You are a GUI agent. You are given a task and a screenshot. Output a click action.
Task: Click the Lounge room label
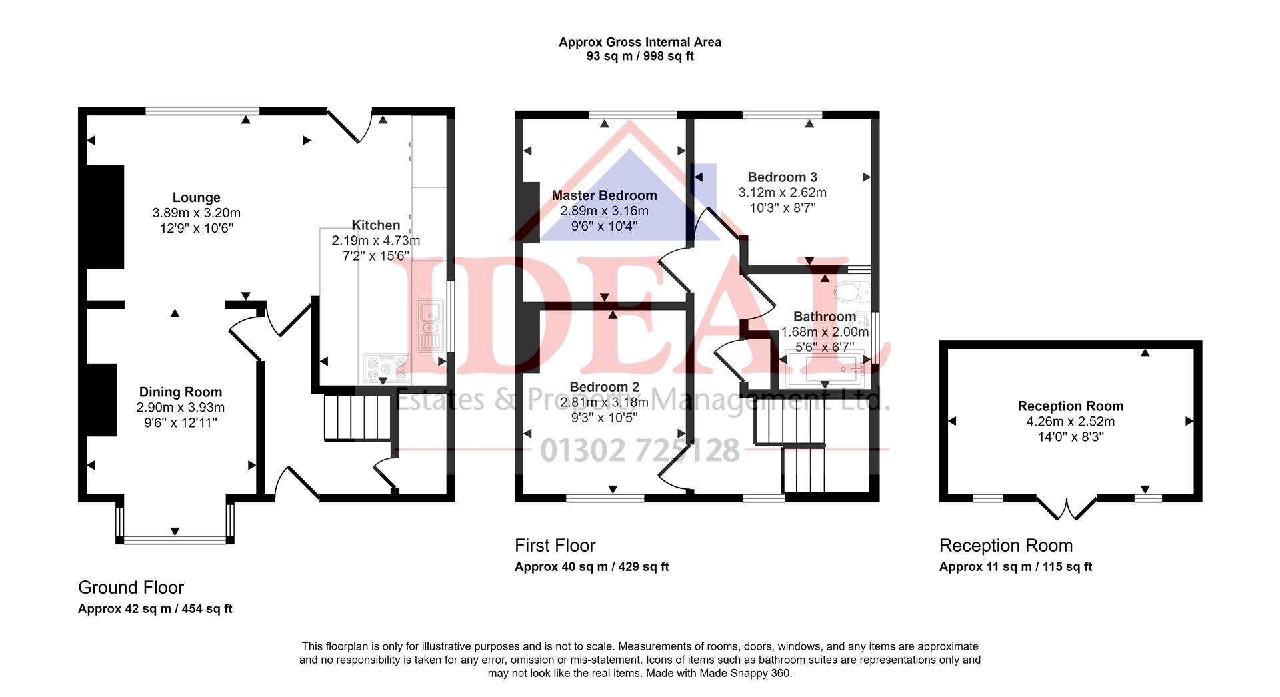[x=196, y=198]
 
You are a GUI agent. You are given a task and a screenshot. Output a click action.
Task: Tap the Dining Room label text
[x=180, y=392]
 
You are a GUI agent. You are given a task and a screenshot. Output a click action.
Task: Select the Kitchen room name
[x=375, y=225]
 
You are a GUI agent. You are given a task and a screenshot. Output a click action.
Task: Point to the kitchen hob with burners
[x=386, y=368]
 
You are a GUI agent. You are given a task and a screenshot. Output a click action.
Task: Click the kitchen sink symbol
[x=429, y=325]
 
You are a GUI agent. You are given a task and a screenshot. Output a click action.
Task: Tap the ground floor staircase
[x=356, y=418]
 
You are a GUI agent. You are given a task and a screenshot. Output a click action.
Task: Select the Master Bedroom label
[x=604, y=195]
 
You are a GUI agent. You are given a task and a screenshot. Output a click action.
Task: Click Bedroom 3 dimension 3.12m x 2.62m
[x=782, y=193]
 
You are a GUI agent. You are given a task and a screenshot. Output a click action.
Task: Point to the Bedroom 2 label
[x=604, y=387]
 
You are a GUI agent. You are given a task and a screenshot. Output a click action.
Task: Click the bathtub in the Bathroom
[x=825, y=370]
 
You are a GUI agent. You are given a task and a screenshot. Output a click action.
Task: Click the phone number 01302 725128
[x=639, y=451]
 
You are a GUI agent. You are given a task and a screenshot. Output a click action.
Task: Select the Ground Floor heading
[x=131, y=588]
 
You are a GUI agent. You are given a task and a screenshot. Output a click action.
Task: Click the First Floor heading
[x=555, y=546]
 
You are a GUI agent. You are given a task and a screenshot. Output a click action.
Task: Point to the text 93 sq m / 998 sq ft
[x=639, y=57]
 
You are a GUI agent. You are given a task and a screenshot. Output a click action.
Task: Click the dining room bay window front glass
[x=175, y=540]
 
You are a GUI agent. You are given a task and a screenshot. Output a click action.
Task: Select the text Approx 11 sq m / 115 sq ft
[x=1015, y=567]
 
